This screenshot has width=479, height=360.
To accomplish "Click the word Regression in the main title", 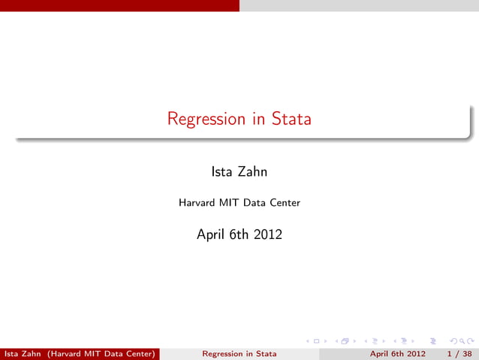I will point(206,119).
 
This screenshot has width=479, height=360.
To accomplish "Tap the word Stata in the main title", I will point(291,119).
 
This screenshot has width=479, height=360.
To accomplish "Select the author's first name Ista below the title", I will point(223,172).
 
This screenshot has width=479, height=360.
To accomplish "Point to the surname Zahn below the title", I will point(252,172).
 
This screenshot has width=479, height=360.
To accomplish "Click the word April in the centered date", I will point(211,234).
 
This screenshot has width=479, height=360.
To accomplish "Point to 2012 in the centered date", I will point(268,234).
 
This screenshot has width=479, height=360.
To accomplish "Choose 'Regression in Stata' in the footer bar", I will point(239,353).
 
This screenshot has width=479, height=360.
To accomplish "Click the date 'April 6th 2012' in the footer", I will point(398,353).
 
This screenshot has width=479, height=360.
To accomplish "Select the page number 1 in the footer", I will point(449,353).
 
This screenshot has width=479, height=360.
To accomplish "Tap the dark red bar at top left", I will point(120,5).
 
